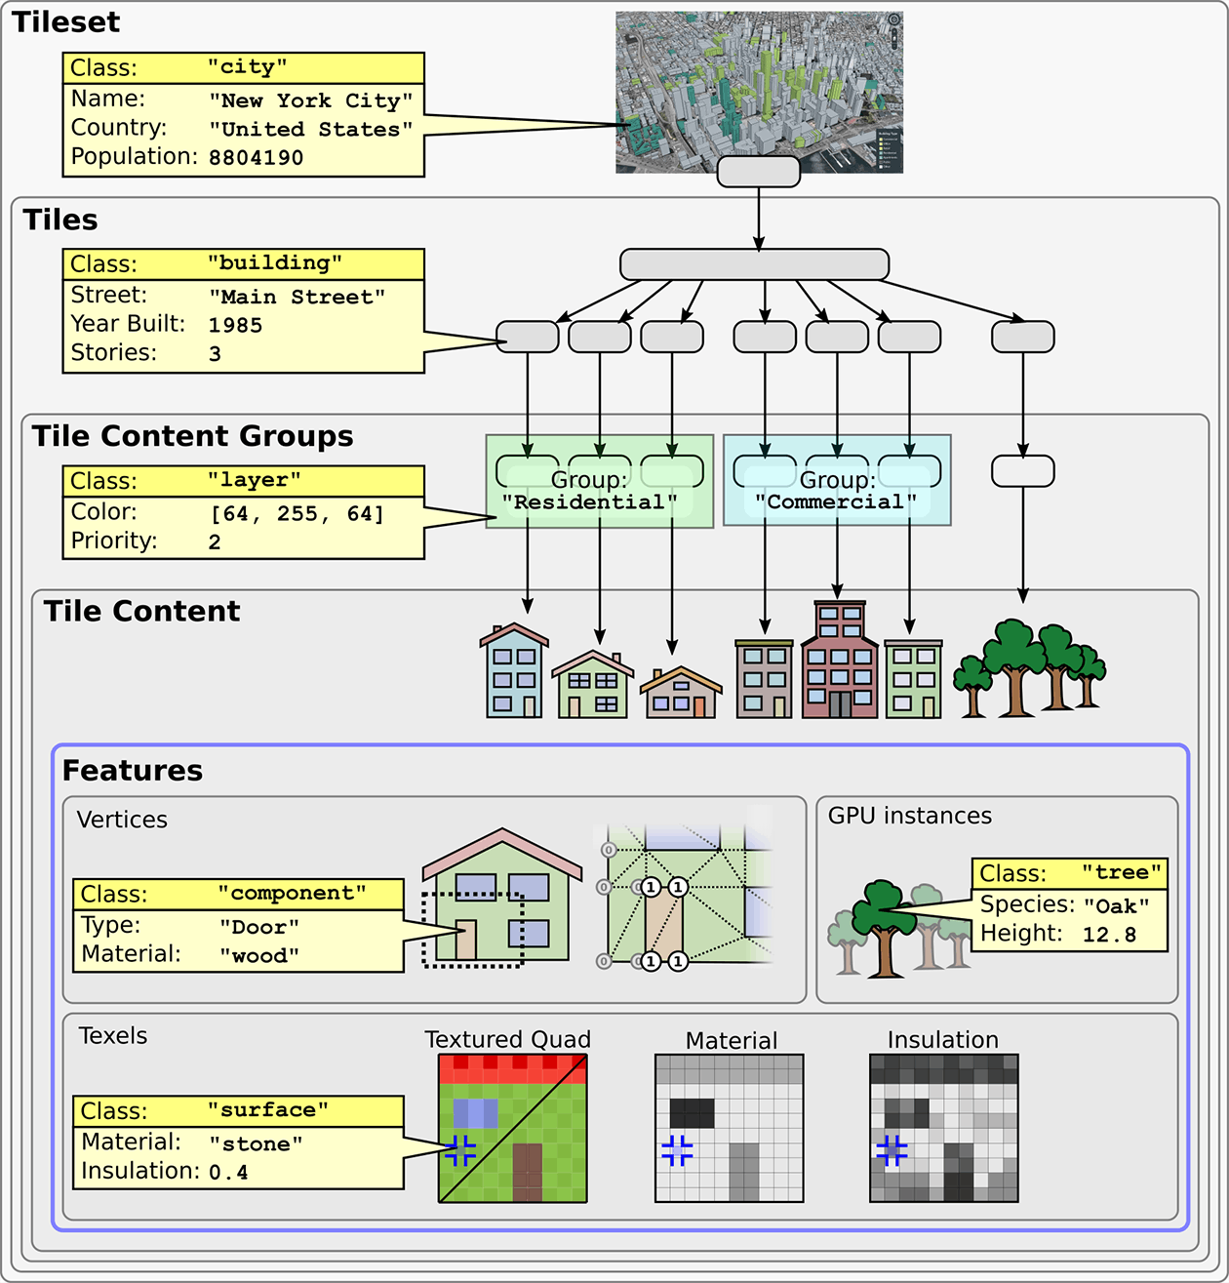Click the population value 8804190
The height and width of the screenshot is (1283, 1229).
click(x=256, y=157)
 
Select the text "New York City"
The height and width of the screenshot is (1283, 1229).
click(x=310, y=100)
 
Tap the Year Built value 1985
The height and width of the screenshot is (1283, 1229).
click(x=235, y=325)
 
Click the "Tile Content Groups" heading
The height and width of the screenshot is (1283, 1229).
click(x=192, y=436)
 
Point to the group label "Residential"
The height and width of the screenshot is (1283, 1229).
click(x=589, y=502)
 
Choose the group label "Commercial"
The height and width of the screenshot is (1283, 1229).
click(x=836, y=502)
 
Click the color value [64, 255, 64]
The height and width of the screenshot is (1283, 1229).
click(x=297, y=513)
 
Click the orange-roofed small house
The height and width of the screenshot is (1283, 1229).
click(x=681, y=694)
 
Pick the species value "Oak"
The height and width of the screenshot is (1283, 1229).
click(x=1116, y=905)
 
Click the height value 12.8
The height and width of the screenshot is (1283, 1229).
click(x=1109, y=935)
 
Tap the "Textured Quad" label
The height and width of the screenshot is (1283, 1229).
click(x=507, y=1039)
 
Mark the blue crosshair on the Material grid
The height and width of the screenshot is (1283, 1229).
click(x=677, y=1150)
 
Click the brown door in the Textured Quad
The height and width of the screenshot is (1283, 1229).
click(x=527, y=1172)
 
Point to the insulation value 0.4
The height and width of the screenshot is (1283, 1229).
click(x=228, y=1172)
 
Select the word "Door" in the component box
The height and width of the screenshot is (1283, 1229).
click(x=258, y=926)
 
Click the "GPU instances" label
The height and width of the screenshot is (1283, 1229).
click(x=909, y=816)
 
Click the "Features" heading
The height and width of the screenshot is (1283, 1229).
click(x=133, y=771)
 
